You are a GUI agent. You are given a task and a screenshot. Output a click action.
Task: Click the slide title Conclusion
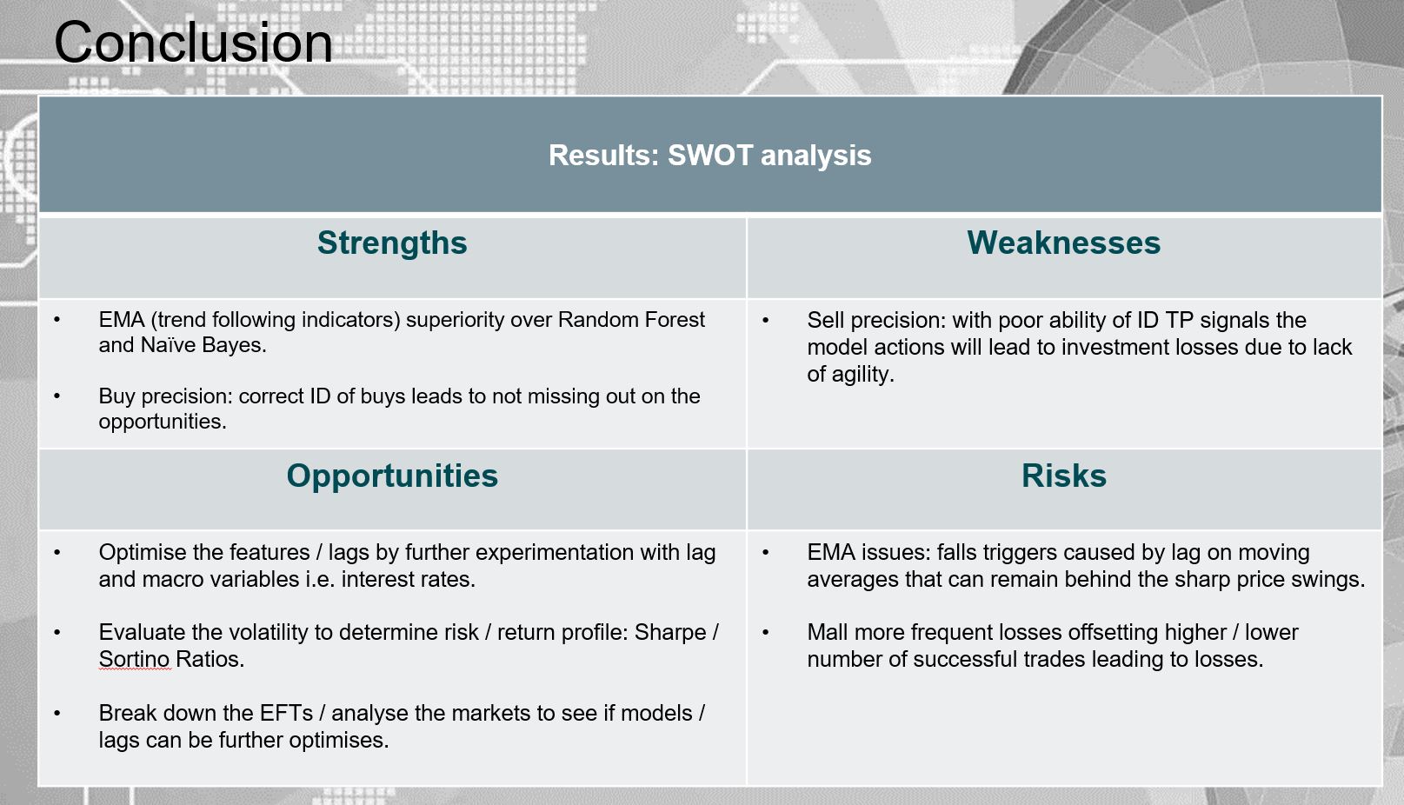coord(193,43)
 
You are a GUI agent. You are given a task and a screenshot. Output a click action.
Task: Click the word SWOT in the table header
coord(709,156)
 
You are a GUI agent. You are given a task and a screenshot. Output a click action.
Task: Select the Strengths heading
coord(392,243)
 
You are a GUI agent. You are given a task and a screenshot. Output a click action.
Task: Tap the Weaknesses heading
coord(1064,243)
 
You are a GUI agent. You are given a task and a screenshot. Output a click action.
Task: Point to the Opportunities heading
coord(392,476)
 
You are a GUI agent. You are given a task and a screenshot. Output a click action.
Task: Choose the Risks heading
coord(1064,476)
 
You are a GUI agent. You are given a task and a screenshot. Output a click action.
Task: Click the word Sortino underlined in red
coord(134,659)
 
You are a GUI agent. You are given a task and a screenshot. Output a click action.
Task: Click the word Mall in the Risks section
coord(828,632)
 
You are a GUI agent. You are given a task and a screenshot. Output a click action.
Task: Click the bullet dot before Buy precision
coord(57,396)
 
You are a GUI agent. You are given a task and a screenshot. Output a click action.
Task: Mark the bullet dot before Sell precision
coord(765,321)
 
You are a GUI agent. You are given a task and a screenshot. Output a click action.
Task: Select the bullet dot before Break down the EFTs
coord(57,714)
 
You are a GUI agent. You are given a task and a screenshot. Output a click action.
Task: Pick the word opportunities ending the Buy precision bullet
coord(163,422)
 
